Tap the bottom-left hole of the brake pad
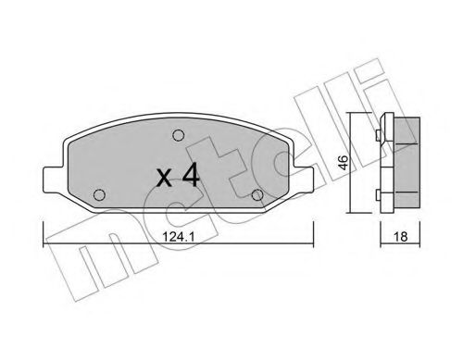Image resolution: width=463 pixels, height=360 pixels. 100,193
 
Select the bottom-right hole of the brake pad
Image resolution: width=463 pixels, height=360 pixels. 258,193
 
